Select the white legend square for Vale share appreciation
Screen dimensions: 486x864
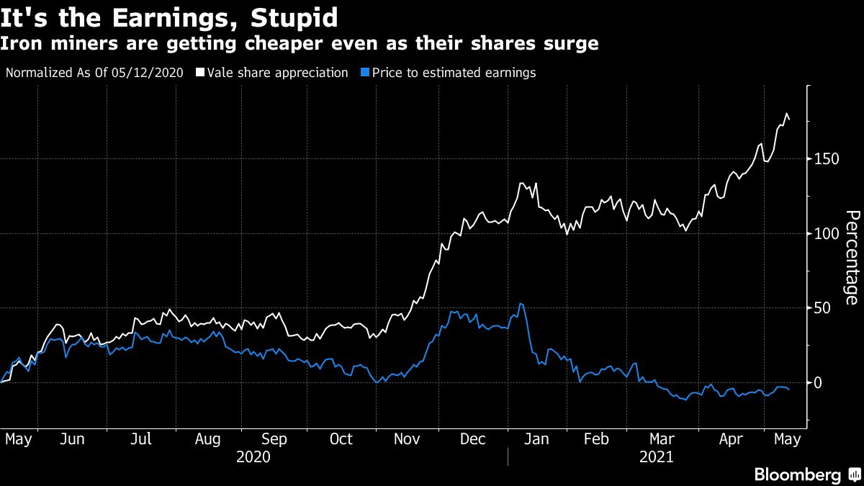tap(200, 73)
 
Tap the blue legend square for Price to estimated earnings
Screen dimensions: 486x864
tap(366, 73)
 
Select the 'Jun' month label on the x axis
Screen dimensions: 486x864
tap(72, 438)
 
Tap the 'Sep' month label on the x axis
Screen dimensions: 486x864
tap(274, 438)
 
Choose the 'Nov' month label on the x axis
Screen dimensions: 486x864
tap(408, 438)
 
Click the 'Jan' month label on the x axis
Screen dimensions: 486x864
tap(536, 438)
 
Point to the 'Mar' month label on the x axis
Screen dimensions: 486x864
tap(662, 438)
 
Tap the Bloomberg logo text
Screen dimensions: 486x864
tap(797, 474)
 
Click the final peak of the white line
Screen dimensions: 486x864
tap(786, 113)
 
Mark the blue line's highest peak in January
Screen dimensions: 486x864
tap(521, 304)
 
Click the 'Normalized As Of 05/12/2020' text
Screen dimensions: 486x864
tap(94, 73)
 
